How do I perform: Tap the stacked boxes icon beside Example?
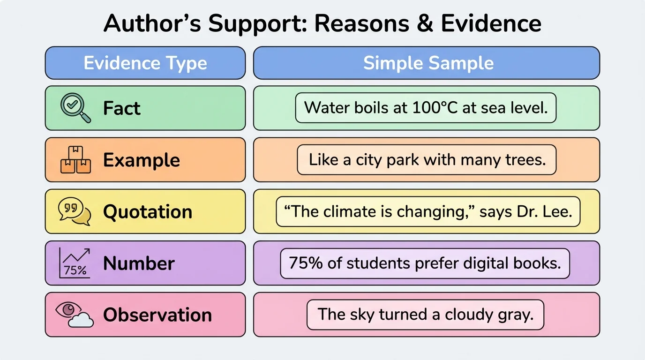tap(75, 160)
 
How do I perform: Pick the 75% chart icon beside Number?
tap(75, 263)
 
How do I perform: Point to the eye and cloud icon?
tap(75, 314)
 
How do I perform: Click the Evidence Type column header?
tap(145, 63)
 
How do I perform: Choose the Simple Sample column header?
tap(428, 63)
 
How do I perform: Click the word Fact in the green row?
tap(121, 108)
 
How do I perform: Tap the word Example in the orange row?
tap(142, 160)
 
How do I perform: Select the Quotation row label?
tap(148, 212)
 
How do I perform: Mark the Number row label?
tap(139, 263)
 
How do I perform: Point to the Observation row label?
tap(157, 315)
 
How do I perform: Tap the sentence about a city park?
tap(427, 160)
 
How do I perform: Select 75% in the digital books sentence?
tap(306, 263)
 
